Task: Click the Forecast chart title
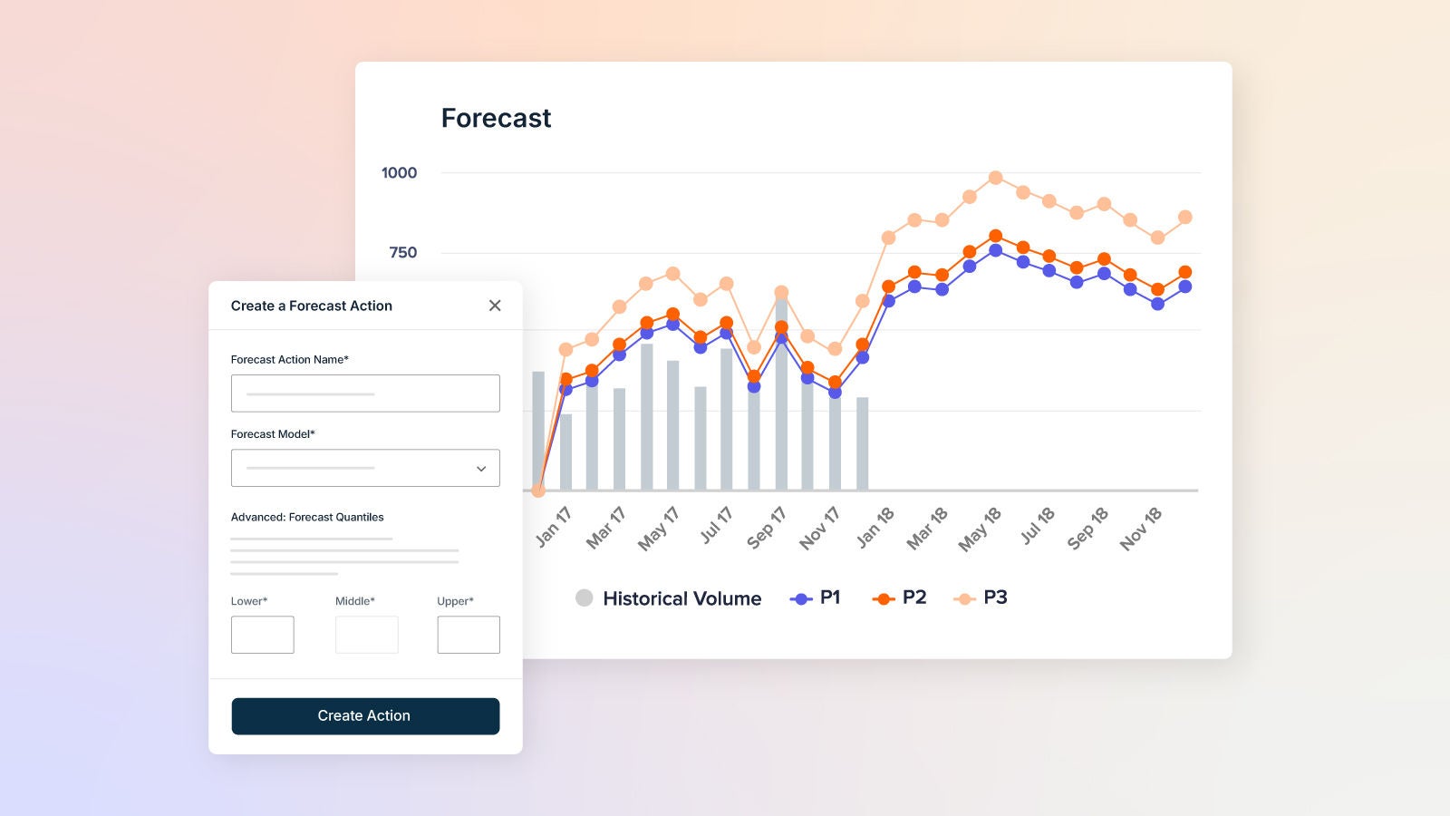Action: pos(496,119)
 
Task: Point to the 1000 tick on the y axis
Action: pos(399,173)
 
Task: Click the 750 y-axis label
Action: pos(402,253)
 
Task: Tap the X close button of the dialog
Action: pos(495,306)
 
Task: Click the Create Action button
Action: pos(365,716)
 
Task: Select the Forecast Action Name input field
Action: pos(365,393)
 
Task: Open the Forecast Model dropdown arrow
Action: pos(481,469)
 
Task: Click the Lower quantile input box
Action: pos(262,635)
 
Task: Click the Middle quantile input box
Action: pos(366,635)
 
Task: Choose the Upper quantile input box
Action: pos(469,635)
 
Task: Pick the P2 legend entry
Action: pos(899,598)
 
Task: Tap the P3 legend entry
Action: pos(981,598)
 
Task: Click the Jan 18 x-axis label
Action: pos(875,528)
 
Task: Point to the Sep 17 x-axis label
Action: pos(766,529)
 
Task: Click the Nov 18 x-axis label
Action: pos(1140,529)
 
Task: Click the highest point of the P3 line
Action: pos(995,178)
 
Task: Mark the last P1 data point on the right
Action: pos(1184,287)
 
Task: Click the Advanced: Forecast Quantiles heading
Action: pos(307,518)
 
